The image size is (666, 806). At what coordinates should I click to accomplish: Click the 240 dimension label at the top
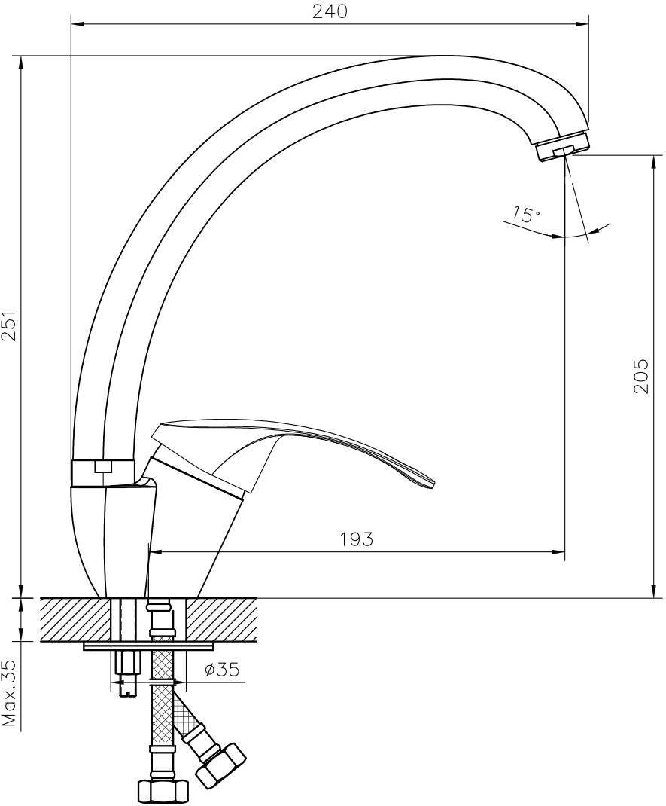click(x=330, y=11)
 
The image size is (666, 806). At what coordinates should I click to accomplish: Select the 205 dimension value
click(x=640, y=377)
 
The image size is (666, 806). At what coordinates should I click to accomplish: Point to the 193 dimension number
click(x=357, y=539)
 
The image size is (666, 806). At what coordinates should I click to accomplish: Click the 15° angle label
click(x=526, y=213)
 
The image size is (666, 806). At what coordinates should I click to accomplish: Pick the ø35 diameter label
click(x=222, y=669)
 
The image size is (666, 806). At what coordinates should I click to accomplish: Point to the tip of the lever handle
click(x=433, y=482)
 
